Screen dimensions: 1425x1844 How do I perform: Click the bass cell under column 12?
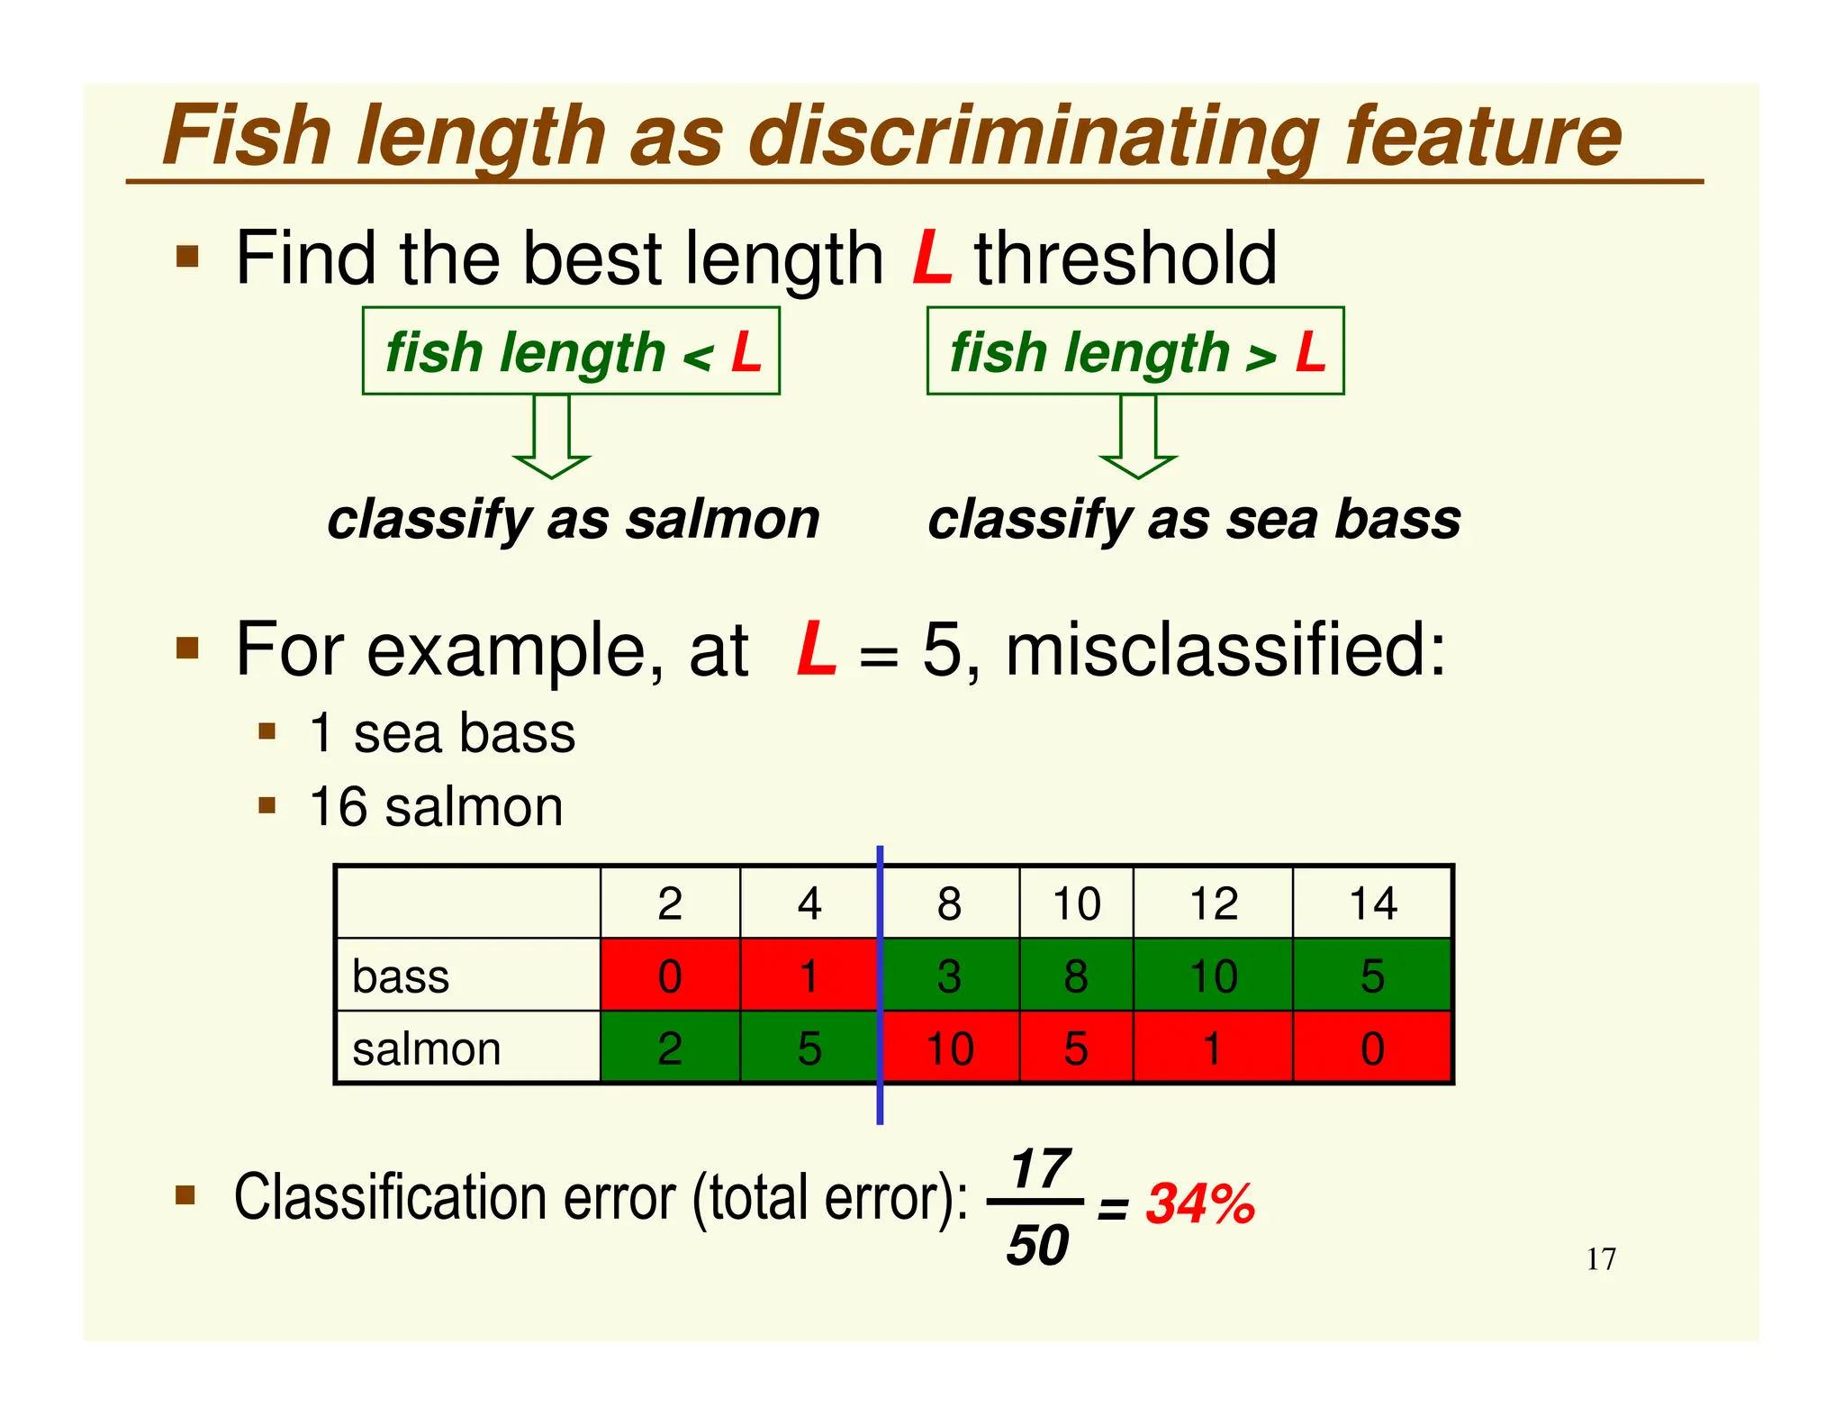(x=1212, y=976)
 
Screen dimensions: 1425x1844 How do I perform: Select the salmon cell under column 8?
(x=949, y=1048)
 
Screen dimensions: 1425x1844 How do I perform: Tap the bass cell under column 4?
(x=809, y=976)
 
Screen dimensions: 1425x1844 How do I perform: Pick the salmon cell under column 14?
(x=1372, y=1048)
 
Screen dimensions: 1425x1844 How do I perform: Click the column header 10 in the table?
(x=1076, y=903)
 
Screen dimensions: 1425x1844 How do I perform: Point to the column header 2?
(x=670, y=903)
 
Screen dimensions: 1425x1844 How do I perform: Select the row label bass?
(x=401, y=976)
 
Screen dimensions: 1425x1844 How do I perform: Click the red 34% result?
(x=1200, y=1203)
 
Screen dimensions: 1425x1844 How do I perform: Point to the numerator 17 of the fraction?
(x=1040, y=1169)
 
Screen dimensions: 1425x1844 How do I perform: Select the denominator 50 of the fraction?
(x=1037, y=1246)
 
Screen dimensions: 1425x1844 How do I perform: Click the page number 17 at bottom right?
(x=1601, y=1258)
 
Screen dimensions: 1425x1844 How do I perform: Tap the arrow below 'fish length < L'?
(x=552, y=437)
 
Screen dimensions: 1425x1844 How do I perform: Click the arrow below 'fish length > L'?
(x=1138, y=437)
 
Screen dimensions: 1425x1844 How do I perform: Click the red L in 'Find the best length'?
(x=932, y=259)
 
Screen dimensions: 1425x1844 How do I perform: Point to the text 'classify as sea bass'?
(x=1194, y=520)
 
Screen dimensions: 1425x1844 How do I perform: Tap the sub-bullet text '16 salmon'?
(x=436, y=806)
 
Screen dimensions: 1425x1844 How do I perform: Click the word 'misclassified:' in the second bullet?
(x=1225, y=649)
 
